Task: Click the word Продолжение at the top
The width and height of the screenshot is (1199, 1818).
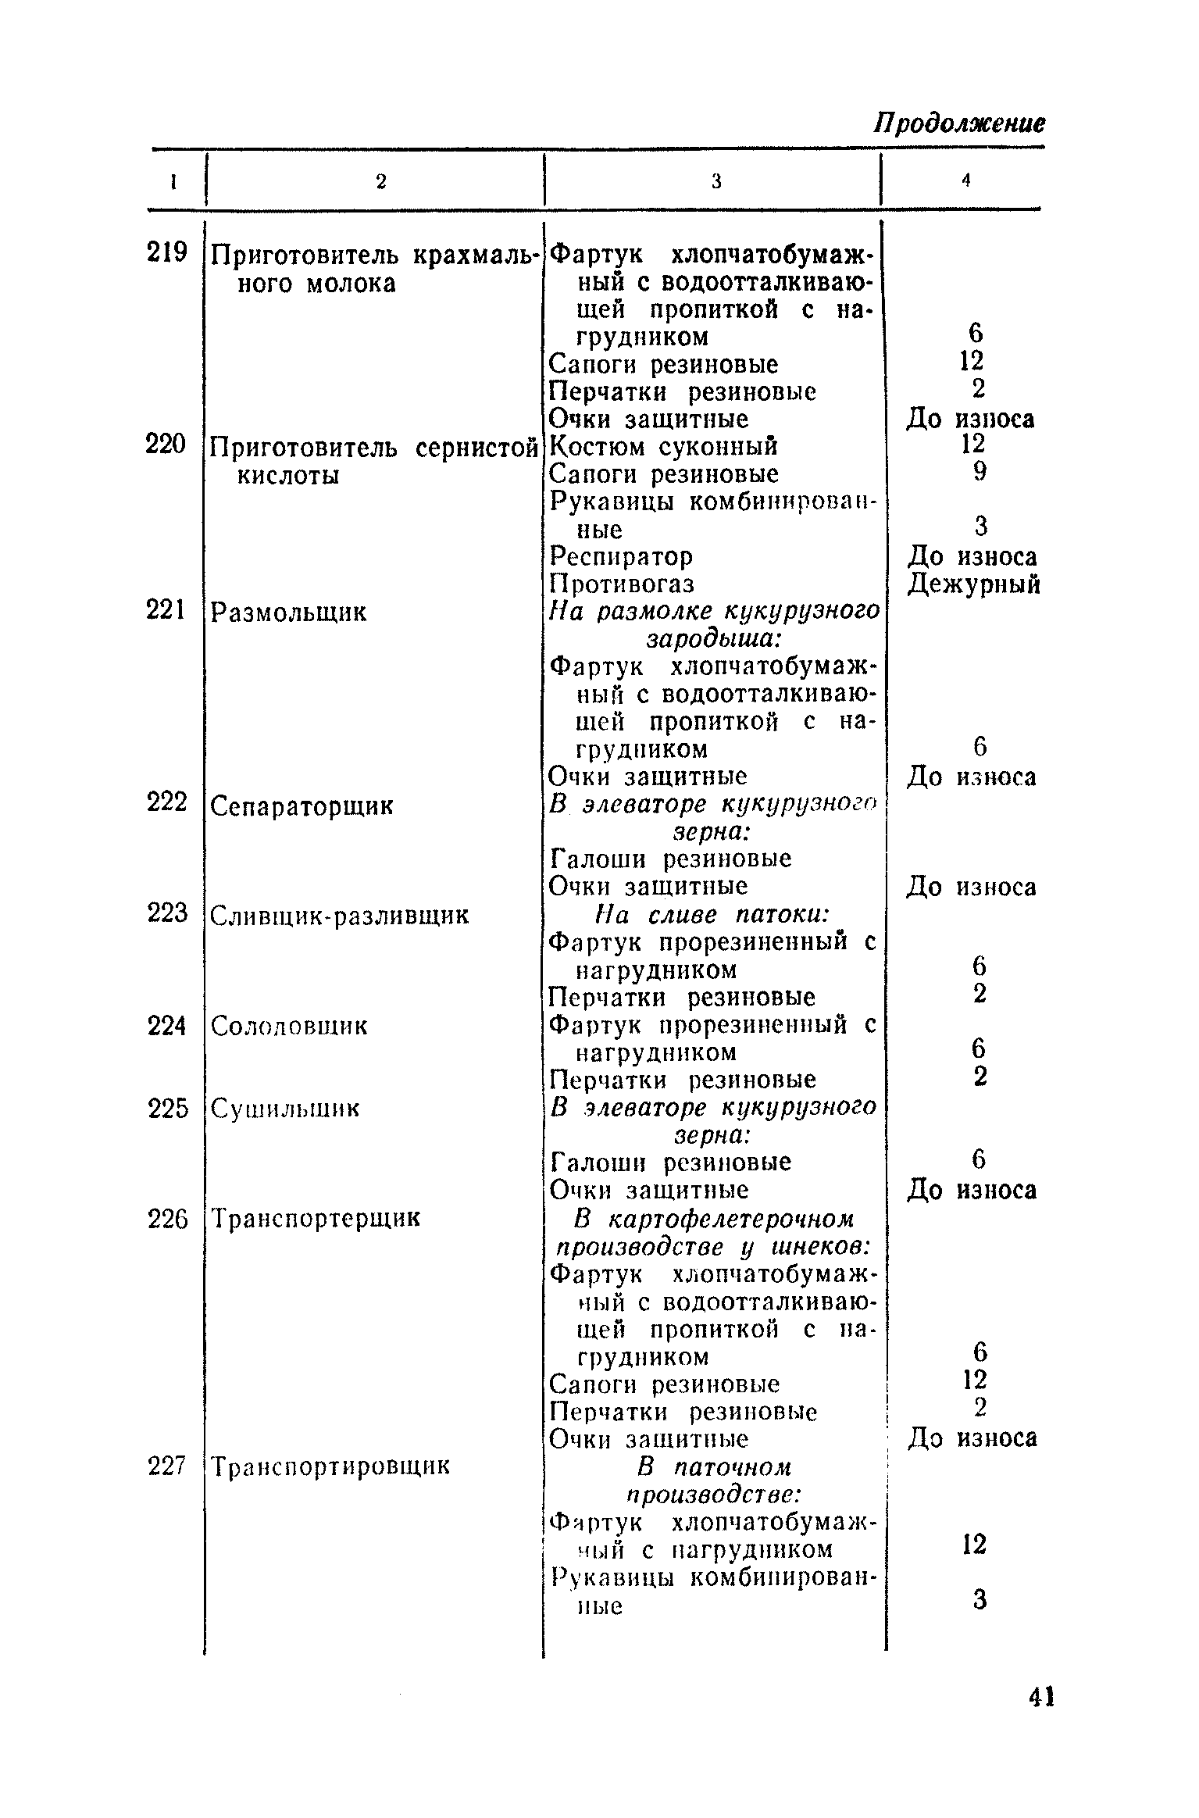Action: [x=958, y=123]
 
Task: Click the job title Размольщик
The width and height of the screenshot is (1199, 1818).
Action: [x=289, y=612]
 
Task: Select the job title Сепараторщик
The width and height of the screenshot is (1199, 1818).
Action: [x=302, y=805]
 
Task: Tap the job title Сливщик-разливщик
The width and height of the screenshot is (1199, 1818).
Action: [x=341, y=915]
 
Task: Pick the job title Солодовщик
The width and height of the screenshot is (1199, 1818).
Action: [x=289, y=1026]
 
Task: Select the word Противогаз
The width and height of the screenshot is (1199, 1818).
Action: [x=622, y=584]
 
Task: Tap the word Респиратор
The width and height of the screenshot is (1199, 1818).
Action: [x=621, y=556]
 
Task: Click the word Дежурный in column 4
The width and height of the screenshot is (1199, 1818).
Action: [x=974, y=584]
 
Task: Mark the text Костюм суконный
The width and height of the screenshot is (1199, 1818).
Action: [x=664, y=446]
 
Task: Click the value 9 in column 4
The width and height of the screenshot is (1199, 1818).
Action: [x=980, y=471]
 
